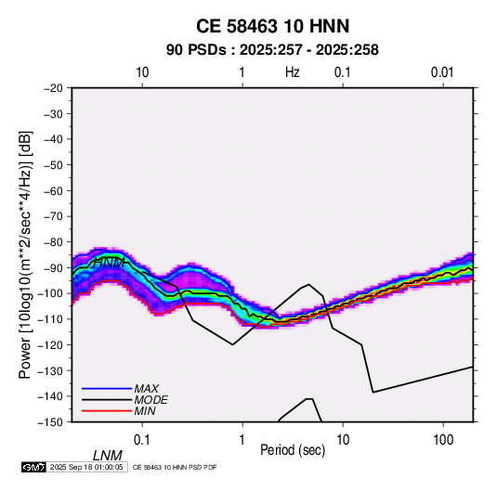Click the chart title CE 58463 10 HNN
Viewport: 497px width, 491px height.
click(x=272, y=26)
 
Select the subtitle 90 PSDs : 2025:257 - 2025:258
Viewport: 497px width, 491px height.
click(x=272, y=50)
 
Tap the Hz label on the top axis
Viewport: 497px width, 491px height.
click(x=293, y=72)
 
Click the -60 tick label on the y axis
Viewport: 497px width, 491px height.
click(x=53, y=190)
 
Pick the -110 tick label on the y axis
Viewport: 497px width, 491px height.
click(x=50, y=319)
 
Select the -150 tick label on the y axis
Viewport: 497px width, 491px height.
click(x=50, y=422)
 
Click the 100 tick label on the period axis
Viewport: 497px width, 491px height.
click(x=443, y=440)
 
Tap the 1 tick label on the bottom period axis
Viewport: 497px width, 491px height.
click(x=242, y=440)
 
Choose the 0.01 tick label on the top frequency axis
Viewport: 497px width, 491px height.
click(x=442, y=72)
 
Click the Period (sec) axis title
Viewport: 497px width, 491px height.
click(x=293, y=450)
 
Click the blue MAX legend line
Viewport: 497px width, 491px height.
click(x=107, y=388)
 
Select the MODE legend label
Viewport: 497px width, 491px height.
click(x=150, y=400)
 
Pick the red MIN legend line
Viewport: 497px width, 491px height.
click(x=107, y=411)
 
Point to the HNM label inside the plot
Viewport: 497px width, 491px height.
click(x=109, y=263)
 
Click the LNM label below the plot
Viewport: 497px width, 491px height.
click(x=108, y=456)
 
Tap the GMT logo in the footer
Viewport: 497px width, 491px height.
click(x=33, y=467)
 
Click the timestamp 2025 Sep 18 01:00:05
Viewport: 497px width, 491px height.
click(x=86, y=467)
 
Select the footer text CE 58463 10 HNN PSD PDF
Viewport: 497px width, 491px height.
click(x=175, y=468)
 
